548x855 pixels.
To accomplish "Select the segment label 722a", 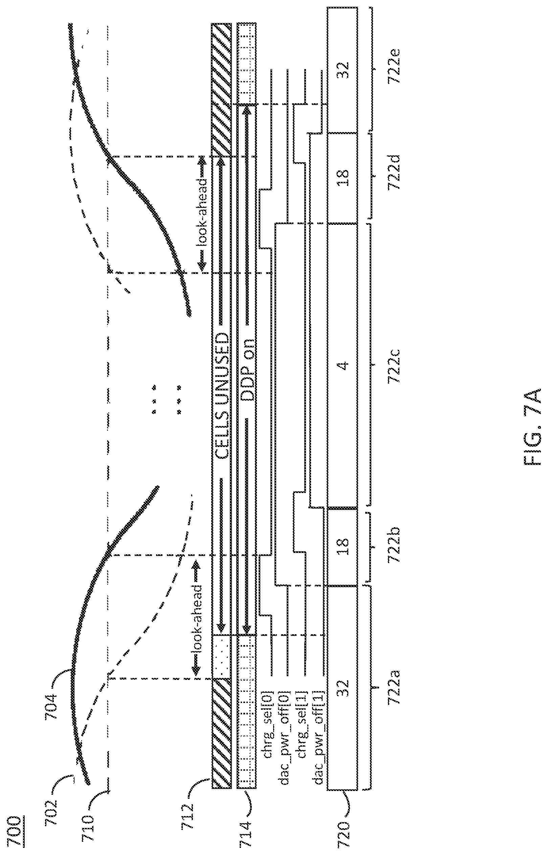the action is [x=395, y=685].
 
